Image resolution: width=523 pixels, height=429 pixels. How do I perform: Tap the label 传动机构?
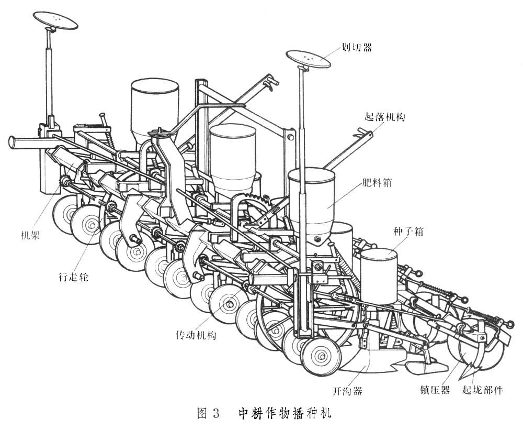pyautogui.click(x=196, y=335)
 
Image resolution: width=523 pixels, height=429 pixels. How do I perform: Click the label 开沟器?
pyautogui.click(x=347, y=391)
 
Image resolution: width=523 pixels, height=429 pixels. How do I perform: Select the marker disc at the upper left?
pyautogui.click(x=55, y=20)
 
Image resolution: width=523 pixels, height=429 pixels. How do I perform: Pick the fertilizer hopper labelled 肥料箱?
pyautogui.click(x=312, y=202)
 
